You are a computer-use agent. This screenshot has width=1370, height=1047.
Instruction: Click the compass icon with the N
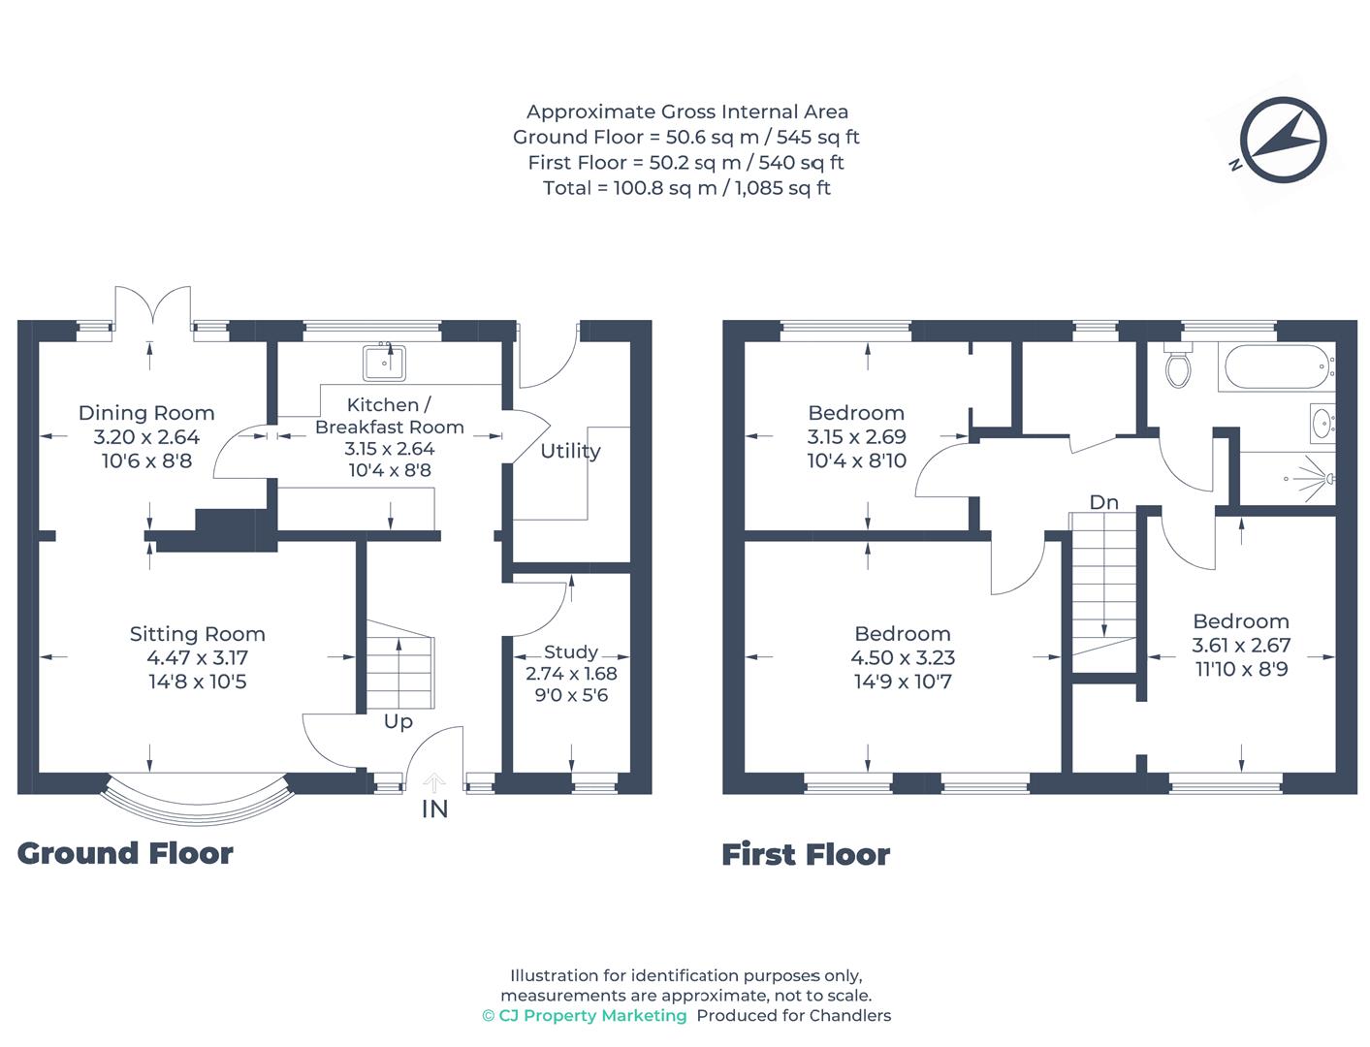pos(1282,141)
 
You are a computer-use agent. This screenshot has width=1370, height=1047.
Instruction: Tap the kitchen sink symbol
pos(385,363)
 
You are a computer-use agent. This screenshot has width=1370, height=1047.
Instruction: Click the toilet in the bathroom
pos(1178,365)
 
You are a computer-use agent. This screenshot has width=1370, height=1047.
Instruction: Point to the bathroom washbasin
pos(1322,423)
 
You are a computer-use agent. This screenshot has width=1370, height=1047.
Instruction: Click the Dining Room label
pos(146,413)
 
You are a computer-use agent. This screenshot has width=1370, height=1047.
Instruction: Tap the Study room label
pos(570,651)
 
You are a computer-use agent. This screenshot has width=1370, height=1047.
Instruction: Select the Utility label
pos(570,451)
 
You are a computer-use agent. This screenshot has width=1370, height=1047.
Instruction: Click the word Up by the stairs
pos(398,721)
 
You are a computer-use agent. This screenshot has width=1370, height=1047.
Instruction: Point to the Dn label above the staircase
pos(1103,502)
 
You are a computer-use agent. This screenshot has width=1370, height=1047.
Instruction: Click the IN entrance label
pos(434,809)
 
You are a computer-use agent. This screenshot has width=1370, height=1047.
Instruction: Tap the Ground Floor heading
pos(125,853)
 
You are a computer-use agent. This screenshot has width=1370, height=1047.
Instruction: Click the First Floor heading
pos(805,854)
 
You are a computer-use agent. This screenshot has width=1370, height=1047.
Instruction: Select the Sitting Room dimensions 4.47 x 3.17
pos(197,657)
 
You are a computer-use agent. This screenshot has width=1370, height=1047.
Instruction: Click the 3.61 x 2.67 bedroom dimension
pos(1240,645)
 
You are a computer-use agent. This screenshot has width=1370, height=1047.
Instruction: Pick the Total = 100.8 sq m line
pos(686,188)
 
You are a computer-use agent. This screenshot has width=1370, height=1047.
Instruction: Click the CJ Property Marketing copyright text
pos(585,1015)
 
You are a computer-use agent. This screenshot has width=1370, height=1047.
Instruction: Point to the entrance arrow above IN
pos(434,781)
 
